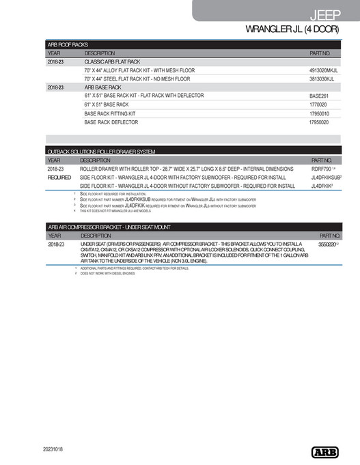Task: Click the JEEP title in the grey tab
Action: (331, 14)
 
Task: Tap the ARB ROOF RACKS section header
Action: (68, 44)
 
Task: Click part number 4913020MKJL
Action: (324, 70)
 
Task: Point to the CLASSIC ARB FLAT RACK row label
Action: (112, 61)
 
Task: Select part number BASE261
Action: (319, 96)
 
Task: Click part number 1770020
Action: (319, 105)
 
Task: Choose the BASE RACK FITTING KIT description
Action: (110, 113)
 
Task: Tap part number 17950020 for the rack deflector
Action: (319, 122)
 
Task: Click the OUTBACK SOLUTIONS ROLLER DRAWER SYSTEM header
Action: (101, 151)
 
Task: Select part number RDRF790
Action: (321, 168)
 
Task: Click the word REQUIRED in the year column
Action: (59, 177)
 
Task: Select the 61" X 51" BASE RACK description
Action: (107, 105)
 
